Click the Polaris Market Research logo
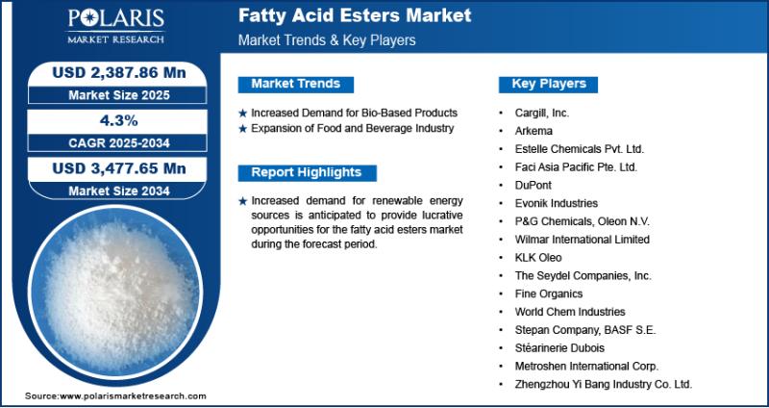coord(115,26)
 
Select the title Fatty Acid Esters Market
coord(355,15)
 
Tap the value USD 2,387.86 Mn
coord(119,73)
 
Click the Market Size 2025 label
coord(119,95)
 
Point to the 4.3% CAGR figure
coord(119,121)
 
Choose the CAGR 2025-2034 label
coord(119,143)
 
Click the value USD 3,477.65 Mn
coord(119,168)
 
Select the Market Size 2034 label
coord(119,191)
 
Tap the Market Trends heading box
coord(296,85)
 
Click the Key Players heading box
coord(548,85)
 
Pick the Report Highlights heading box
coord(307,173)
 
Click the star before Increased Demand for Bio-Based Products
coord(242,114)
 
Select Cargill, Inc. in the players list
coord(542,113)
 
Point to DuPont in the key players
coord(533,185)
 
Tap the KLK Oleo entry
coord(538,257)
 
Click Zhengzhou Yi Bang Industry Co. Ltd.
coord(604,384)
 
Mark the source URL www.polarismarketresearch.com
coord(133,395)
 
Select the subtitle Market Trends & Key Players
coord(327,40)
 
